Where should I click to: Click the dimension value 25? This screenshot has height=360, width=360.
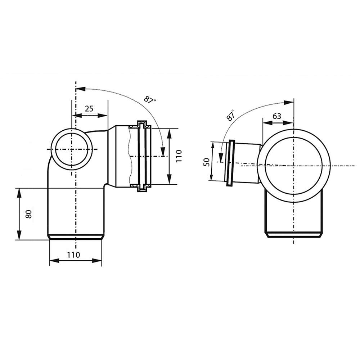[89, 108]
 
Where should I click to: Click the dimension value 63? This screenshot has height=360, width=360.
[277, 116]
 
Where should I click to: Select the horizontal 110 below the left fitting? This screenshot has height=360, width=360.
[74, 255]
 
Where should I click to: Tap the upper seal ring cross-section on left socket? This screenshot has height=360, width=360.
[143, 126]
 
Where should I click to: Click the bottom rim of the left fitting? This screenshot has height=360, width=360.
[76, 237]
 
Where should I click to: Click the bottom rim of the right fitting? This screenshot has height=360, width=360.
[293, 235]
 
